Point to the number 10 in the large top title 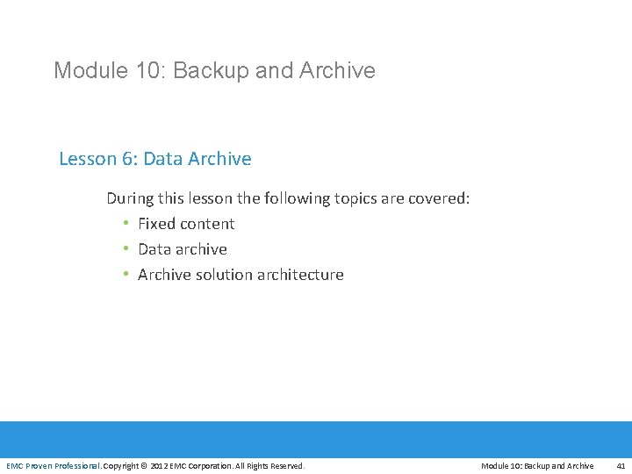point(143,70)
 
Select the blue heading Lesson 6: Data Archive point(154,159)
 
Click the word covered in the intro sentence point(439,198)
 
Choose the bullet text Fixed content point(186,224)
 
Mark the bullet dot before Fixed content point(126,224)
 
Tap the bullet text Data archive point(183,249)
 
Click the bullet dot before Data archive point(126,249)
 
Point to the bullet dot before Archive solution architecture point(126,275)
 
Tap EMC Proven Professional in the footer point(53,465)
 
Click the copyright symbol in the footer point(145,465)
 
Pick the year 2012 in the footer point(160,465)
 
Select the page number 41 point(621,465)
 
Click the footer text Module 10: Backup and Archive point(537,465)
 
